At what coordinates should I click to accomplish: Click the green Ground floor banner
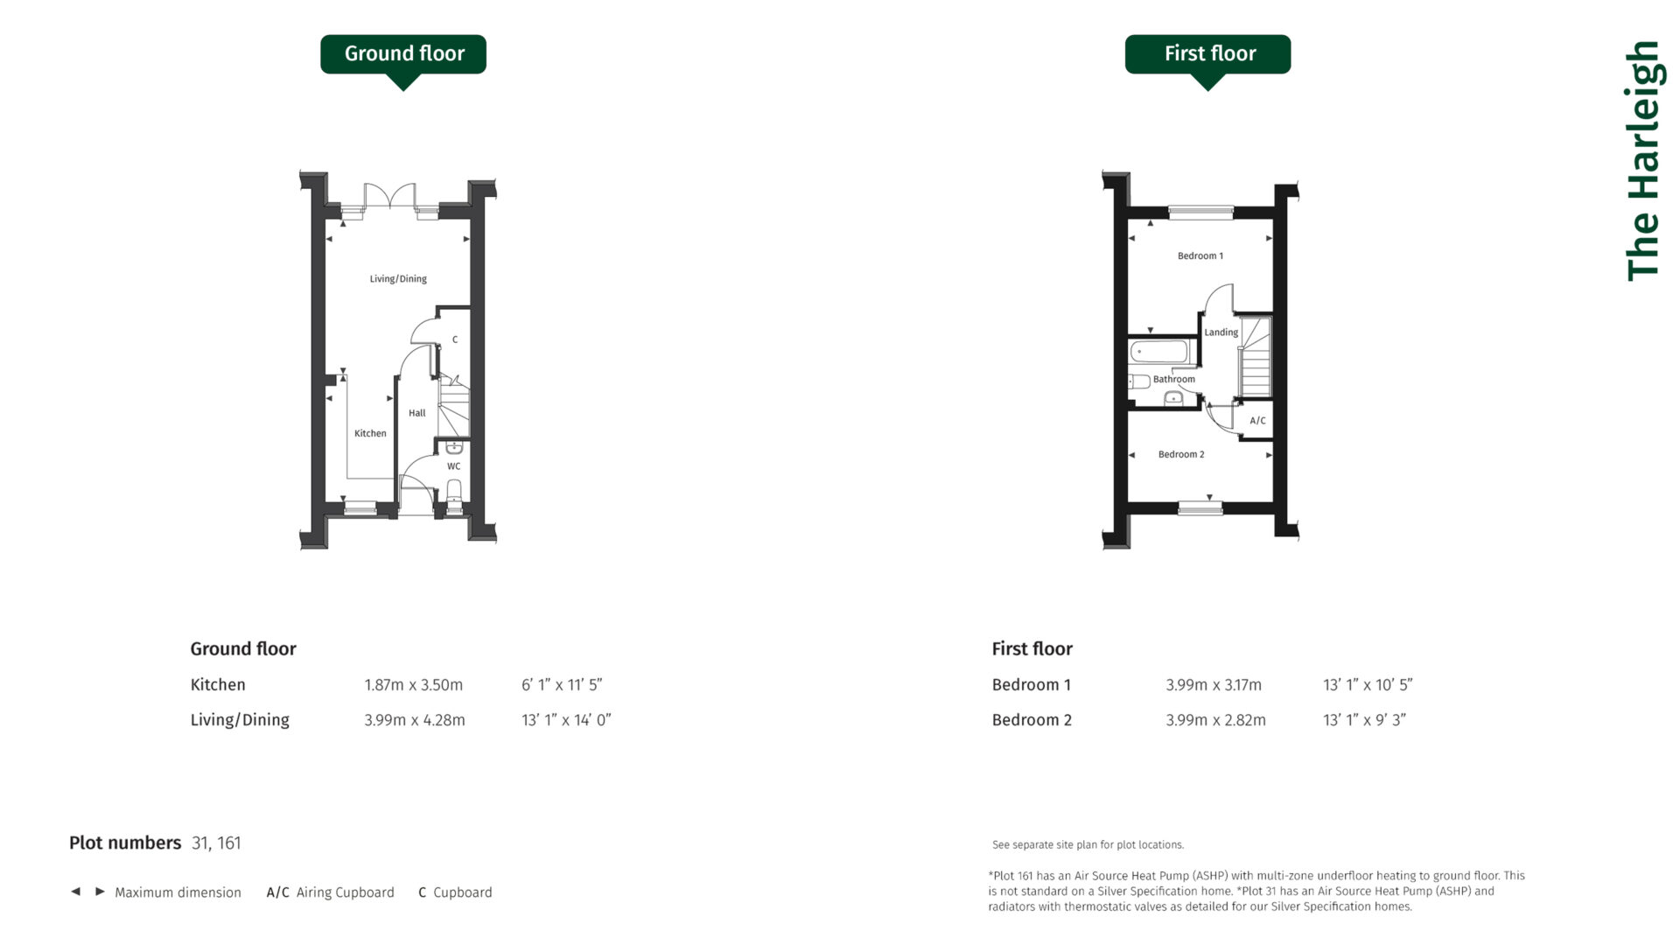click(403, 54)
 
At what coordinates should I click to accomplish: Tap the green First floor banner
click(1207, 54)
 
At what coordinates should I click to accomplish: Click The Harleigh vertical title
click(1642, 162)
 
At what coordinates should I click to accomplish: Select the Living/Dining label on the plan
click(398, 279)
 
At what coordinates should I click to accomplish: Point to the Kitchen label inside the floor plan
click(370, 433)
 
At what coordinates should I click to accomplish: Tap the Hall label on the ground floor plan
click(417, 413)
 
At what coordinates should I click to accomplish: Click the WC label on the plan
click(453, 466)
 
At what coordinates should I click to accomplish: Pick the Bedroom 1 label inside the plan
click(1200, 256)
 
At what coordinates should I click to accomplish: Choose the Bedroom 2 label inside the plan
click(1181, 455)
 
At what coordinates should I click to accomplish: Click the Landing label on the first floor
click(1221, 332)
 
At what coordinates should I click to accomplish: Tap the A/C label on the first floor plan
click(1257, 421)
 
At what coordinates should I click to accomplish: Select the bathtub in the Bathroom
click(1159, 352)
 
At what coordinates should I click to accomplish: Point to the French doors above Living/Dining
click(389, 197)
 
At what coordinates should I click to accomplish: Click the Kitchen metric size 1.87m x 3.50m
click(413, 685)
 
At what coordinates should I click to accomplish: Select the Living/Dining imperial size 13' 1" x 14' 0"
click(566, 720)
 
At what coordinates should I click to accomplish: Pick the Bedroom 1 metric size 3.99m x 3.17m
click(1214, 685)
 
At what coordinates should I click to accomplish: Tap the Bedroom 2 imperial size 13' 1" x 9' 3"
click(1364, 720)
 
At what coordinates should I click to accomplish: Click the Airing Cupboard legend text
click(345, 892)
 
